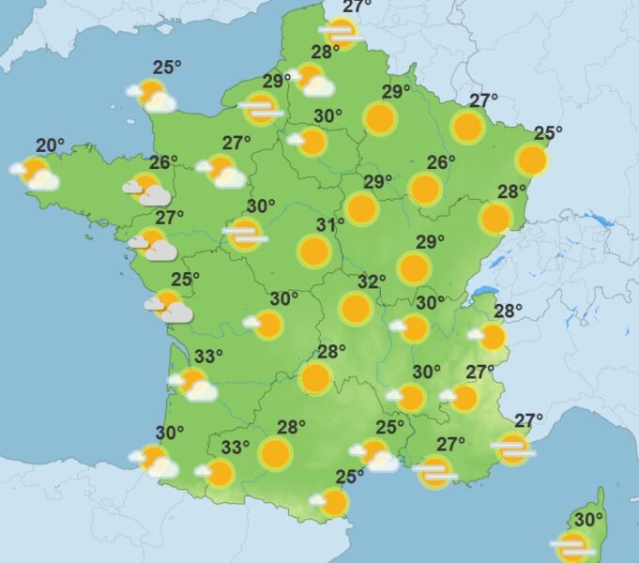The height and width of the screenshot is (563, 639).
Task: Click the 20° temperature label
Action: (51, 145)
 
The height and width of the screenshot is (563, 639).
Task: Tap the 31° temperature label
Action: (330, 225)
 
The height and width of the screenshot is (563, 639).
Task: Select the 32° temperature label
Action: (372, 281)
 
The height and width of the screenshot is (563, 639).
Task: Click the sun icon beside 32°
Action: (356, 308)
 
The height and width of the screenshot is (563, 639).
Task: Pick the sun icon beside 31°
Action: (314, 251)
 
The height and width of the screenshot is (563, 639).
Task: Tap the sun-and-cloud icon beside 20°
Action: (36, 173)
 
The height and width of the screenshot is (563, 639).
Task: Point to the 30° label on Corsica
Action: (588, 519)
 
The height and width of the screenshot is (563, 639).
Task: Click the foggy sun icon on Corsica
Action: (571, 545)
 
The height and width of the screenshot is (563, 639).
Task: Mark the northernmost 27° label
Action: (357, 8)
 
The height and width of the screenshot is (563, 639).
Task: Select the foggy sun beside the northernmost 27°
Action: (340, 34)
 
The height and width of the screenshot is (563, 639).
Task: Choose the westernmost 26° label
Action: (163, 162)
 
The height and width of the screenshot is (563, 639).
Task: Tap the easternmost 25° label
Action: (548, 133)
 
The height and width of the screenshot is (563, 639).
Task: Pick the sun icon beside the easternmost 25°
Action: (531, 160)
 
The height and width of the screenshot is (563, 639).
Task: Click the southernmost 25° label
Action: (350, 477)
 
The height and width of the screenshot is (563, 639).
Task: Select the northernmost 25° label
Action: (167, 67)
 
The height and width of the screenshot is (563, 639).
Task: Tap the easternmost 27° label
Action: (529, 419)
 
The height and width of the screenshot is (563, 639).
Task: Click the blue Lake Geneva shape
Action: (483, 292)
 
